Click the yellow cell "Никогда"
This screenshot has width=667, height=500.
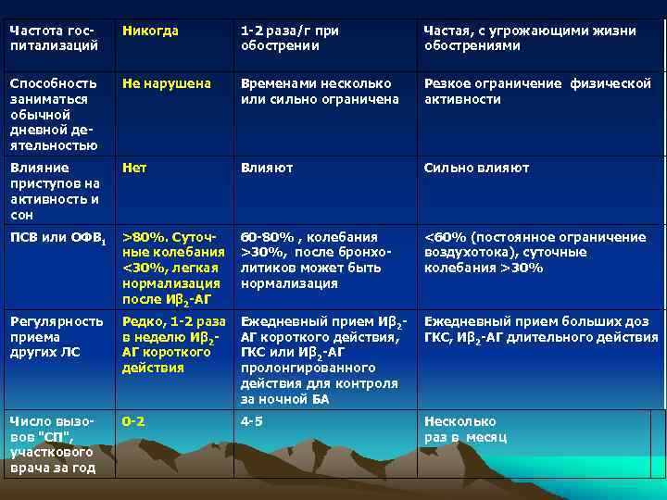pos(150,31)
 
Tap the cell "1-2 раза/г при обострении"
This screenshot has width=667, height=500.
pos(289,39)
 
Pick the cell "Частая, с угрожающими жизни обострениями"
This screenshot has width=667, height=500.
pos(529,39)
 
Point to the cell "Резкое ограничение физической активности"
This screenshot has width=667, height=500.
pos(537,92)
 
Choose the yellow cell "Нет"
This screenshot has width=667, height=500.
pos(135,169)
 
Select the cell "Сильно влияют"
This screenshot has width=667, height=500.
pos(476,169)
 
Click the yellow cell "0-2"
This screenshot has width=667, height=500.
pos(134,422)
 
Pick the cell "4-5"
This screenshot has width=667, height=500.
pos(252,422)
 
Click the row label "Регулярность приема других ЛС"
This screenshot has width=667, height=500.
pos(57,337)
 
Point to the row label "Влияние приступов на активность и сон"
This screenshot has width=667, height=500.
pos(55,192)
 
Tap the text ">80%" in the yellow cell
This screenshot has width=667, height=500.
pos(141,238)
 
